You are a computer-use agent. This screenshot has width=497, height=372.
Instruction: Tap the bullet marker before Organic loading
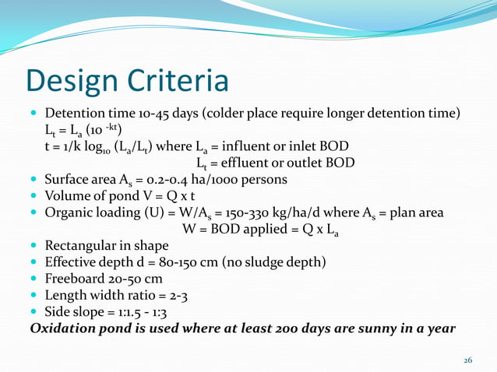click(x=34, y=213)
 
